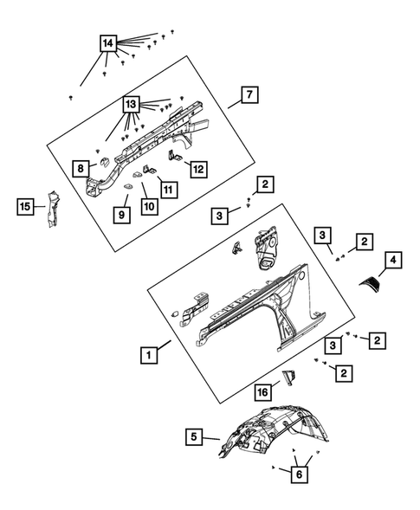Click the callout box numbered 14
(108, 43)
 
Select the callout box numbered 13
(131, 105)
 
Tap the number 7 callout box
(249, 94)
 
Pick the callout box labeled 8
(81, 169)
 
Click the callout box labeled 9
(122, 215)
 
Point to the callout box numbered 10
(150, 206)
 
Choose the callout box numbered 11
(169, 190)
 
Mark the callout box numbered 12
(199, 169)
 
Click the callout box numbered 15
(25, 206)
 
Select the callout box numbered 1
(149, 355)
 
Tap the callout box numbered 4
(393, 260)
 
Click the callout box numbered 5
(194, 436)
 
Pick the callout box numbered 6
(300, 474)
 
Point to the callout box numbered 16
(262, 392)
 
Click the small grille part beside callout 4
(369, 282)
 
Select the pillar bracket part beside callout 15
(52, 210)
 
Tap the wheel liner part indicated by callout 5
(274, 430)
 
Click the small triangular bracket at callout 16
(289, 378)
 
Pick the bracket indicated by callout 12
(174, 156)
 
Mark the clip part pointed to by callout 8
(104, 162)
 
